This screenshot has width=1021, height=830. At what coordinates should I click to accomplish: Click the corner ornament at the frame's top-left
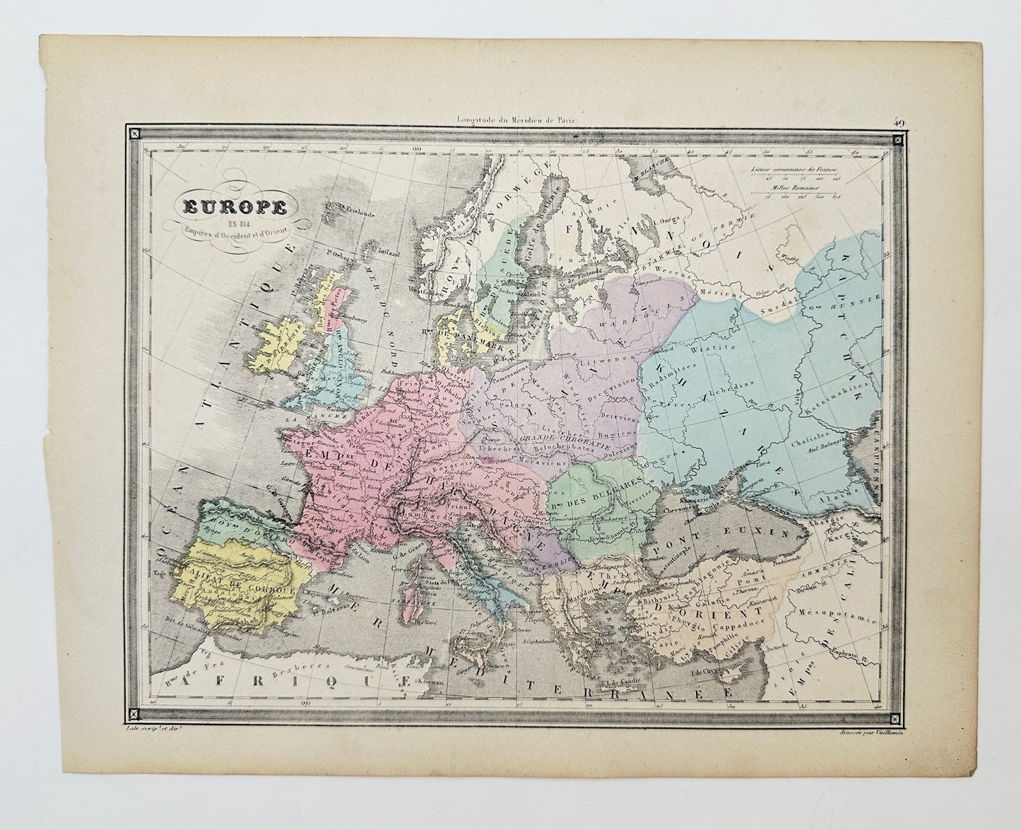click(132, 131)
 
